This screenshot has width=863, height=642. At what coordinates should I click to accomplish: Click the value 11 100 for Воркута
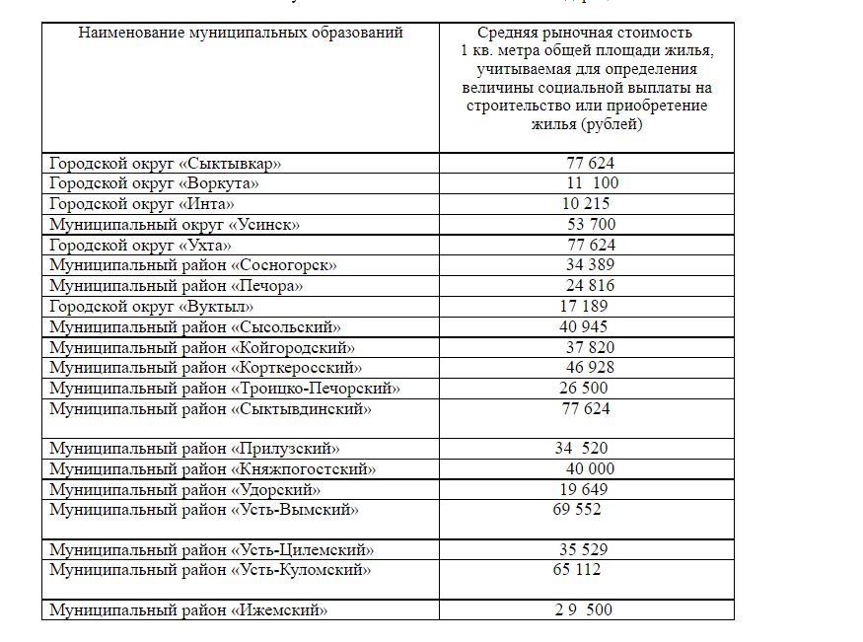592,183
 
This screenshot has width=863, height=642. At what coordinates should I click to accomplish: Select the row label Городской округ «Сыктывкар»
172,163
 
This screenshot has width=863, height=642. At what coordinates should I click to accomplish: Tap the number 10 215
586,204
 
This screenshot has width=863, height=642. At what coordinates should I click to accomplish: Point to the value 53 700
592,225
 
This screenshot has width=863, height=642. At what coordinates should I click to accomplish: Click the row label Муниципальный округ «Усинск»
175,225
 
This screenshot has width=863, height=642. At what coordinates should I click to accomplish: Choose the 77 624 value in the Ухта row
590,245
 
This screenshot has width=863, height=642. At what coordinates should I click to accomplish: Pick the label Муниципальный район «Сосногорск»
193,265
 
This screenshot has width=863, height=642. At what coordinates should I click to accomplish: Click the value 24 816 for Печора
590,286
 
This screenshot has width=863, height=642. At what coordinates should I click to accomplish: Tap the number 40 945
584,326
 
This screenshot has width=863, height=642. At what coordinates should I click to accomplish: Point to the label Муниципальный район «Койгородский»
202,347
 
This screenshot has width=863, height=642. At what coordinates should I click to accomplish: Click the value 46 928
590,368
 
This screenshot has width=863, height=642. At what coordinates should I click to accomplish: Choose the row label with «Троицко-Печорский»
225,389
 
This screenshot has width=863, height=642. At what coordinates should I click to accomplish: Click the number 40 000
590,469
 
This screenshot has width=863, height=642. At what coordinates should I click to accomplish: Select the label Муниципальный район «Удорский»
185,490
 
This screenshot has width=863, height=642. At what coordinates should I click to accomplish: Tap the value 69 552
577,510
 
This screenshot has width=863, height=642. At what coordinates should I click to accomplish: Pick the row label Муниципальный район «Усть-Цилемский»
212,550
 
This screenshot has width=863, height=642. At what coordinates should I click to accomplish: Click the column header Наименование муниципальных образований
241,33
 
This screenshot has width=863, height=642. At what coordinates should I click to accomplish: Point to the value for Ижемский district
583,610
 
